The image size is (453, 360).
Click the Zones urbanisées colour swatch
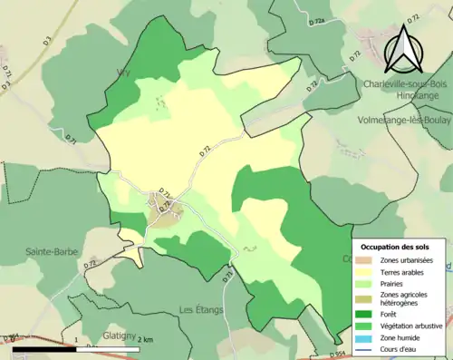(x=367, y=260)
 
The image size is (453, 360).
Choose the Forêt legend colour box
(x=367, y=315)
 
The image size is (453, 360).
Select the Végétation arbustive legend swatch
(x=367, y=326)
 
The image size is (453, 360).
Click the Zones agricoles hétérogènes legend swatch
(x=367, y=298)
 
